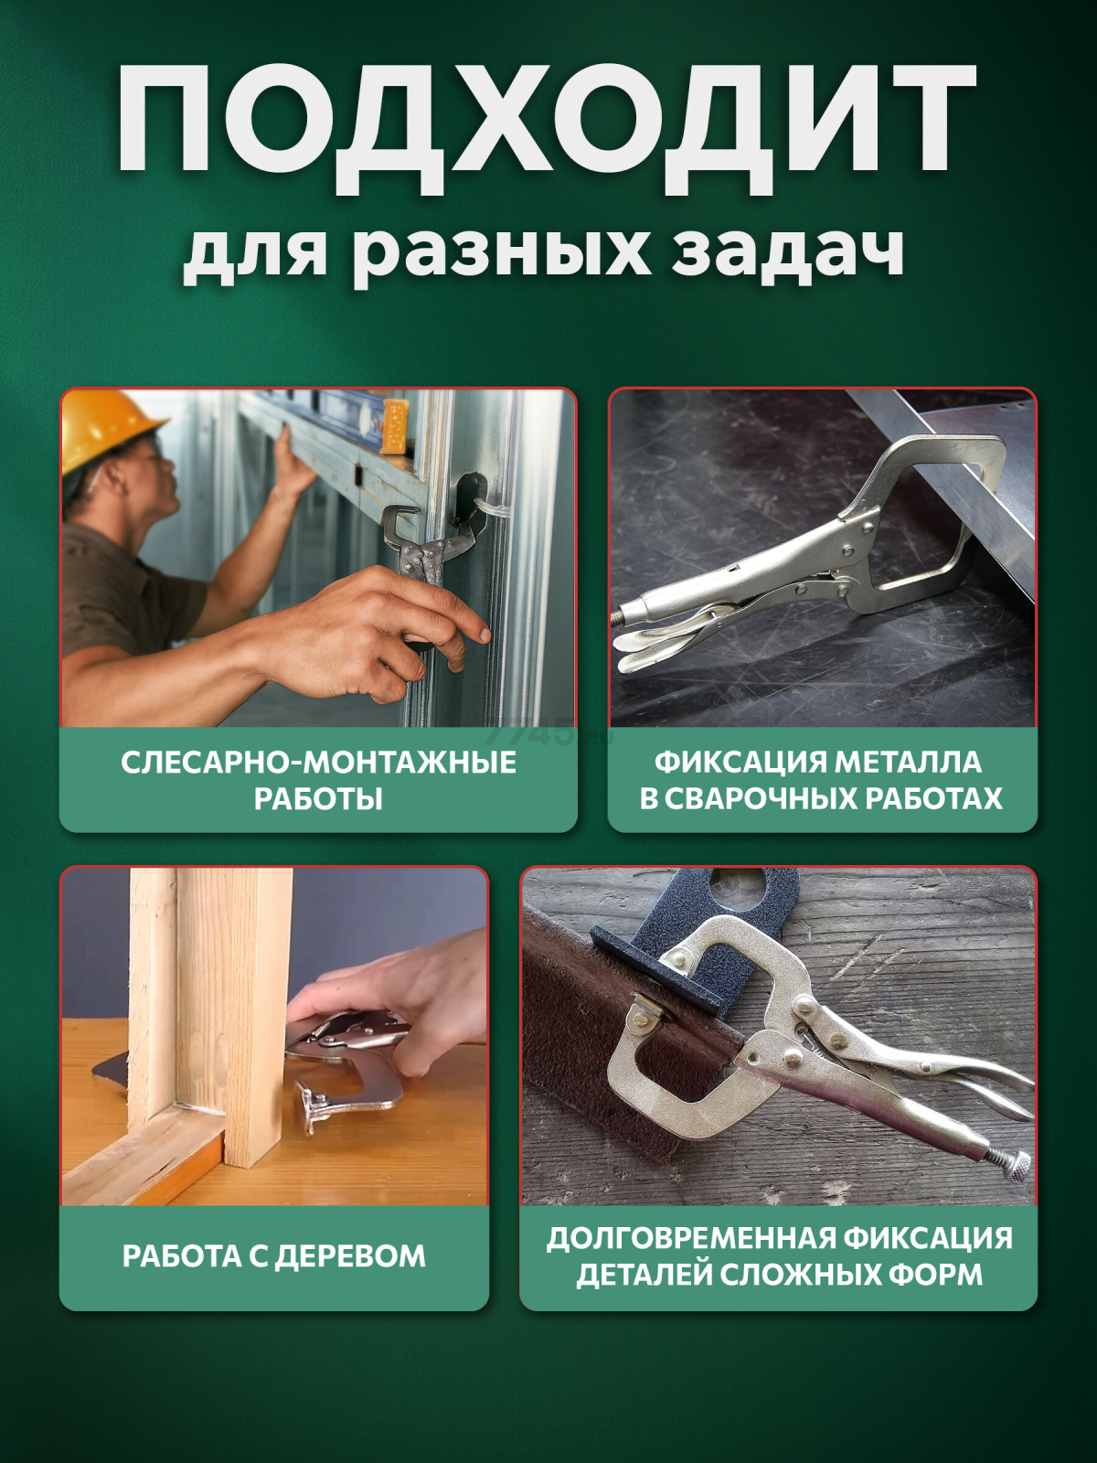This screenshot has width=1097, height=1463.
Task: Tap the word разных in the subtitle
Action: [502, 252]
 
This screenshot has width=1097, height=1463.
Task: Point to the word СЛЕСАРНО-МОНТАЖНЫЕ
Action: [318, 763]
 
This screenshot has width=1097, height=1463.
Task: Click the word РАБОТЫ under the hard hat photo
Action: [318, 799]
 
